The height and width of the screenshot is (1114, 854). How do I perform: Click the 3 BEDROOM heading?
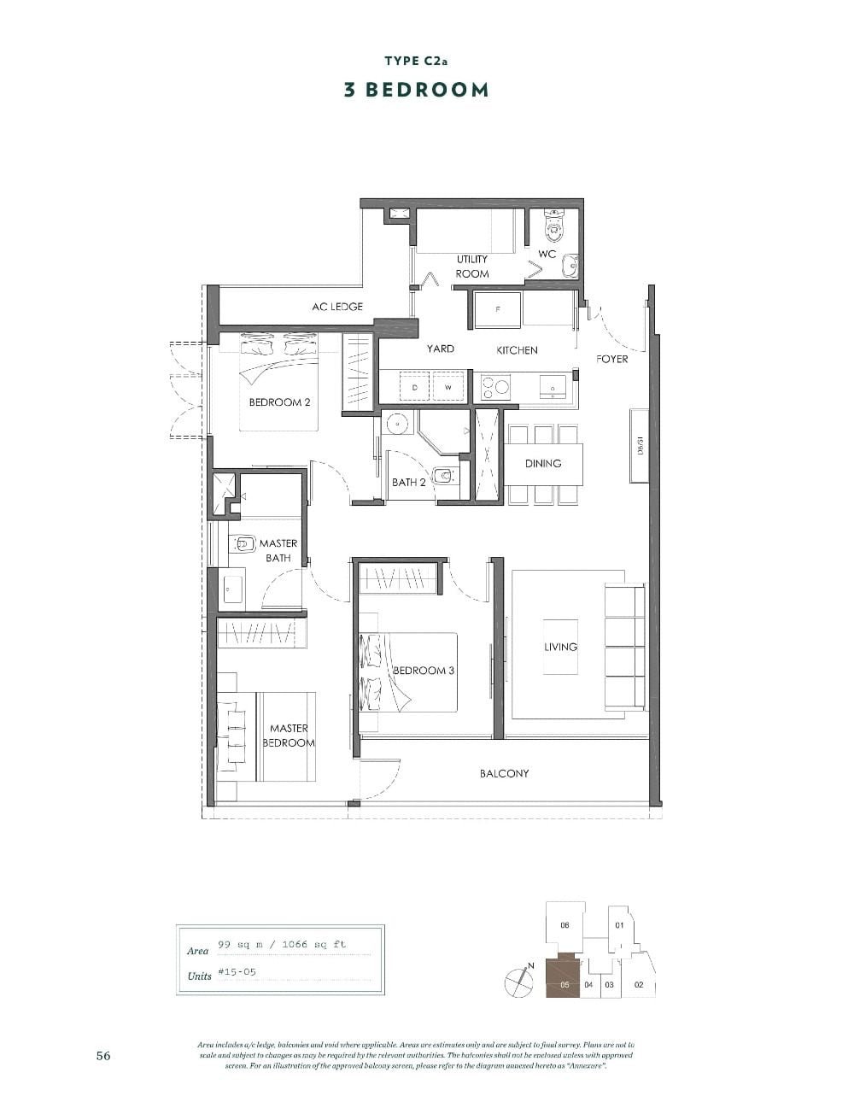[x=416, y=90]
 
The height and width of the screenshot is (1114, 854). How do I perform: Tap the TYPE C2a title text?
[x=416, y=61]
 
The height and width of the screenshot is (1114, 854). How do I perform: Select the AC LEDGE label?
[x=337, y=307]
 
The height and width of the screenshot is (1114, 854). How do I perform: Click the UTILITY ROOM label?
[x=472, y=267]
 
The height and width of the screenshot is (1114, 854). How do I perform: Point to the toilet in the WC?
[x=554, y=225]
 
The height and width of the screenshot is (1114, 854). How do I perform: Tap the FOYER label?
[x=611, y=359]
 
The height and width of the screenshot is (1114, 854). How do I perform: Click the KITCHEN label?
[x=517, y=350]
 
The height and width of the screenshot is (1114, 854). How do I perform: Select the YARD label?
[x=441, y=349]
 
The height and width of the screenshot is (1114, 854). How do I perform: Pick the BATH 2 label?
[x=408, y=483]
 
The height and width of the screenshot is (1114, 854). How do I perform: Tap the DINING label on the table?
[x=543, y=463]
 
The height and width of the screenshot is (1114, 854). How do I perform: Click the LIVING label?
[x=560, y=647]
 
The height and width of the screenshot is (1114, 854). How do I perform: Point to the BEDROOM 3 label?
[x=423, y=671]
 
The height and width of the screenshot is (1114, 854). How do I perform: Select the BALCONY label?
[x=504, y=773]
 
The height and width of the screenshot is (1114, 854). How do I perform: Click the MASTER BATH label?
[x=278, y=550]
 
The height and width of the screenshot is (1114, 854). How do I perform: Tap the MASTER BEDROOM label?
[x=289, y=736]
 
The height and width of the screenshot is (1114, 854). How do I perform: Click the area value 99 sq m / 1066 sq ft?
[x=282, y=945]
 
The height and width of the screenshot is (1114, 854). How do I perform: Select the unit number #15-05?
[x=237, y=972]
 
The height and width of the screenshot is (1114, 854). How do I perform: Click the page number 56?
[x=103, y=1056]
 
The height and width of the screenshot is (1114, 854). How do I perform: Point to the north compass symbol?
[x=518, y=982]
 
